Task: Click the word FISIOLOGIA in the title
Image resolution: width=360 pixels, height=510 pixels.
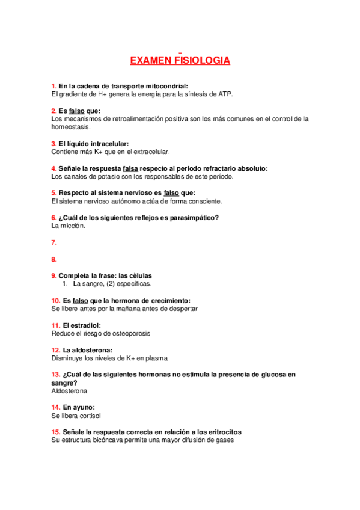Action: coord(202,61)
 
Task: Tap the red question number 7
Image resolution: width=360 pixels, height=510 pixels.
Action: coord(54,242)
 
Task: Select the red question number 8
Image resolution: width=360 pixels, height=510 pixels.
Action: coord(54,260)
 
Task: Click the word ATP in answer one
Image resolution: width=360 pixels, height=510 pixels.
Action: coord(225,94)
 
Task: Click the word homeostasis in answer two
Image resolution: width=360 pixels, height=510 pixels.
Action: coord(71,127)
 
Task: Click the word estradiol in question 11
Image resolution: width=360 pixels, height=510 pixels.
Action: coord(87,325)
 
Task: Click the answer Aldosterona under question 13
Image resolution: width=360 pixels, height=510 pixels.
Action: coord(70,390)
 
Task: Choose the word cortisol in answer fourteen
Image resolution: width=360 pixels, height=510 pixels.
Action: coord(88,416)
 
